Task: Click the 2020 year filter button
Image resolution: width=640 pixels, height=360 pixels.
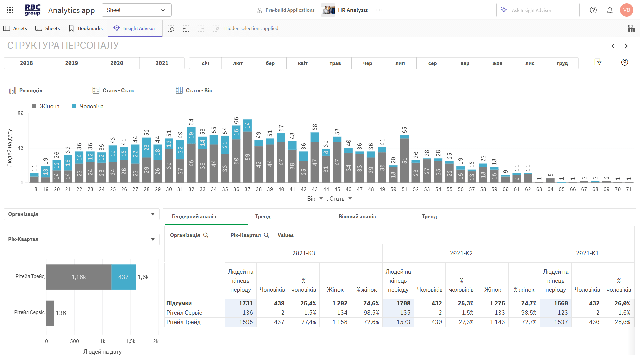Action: (117, 63)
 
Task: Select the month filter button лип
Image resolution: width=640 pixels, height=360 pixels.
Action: (400, 63)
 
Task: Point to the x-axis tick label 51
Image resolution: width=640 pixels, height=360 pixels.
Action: (404, 189)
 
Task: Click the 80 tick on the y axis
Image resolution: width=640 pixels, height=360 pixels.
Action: (21, 113)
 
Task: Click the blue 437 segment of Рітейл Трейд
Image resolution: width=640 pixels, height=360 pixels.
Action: (123, 277)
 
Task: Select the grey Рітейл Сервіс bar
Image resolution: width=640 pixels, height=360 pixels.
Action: (50, 313)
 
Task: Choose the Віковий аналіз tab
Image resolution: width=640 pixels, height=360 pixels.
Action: (357, 217)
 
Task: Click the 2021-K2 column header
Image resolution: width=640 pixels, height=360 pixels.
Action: (461, 253)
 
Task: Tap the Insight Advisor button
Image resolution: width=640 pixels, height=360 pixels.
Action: (135, 28)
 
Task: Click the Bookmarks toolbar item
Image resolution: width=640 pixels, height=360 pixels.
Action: (86, 28)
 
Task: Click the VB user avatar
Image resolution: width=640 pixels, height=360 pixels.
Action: (626, 10)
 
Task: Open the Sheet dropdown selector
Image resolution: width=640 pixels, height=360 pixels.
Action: (136, 10)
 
